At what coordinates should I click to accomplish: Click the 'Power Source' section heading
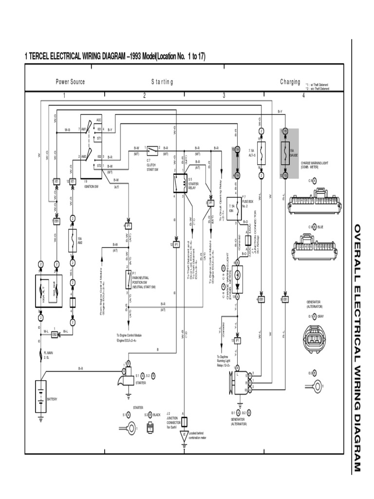[x=70, y=82]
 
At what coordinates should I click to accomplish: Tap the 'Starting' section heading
[x=162, y=82]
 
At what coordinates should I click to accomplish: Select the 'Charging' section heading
[x=290, y=82]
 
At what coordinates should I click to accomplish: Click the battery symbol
[x=41, y=393]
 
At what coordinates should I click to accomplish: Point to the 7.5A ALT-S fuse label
[x=252, y=153]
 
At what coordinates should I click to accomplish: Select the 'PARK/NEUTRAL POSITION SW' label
[x=143, y=284]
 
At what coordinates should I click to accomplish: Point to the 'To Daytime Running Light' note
[x=225, y=361]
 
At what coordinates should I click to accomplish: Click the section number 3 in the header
[x=224, y=95]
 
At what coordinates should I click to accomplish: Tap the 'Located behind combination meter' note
[x=199, y=435]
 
